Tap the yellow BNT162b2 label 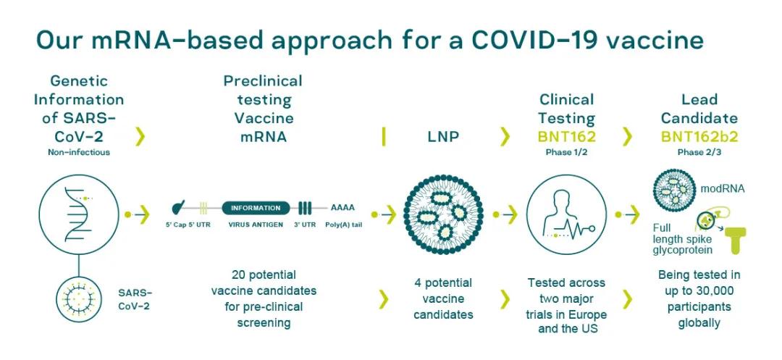click(699, 137)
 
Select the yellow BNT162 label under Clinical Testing click(566, 137)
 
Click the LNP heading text click(443, 137)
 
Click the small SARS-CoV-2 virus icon click(79, 298)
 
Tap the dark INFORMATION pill click(256, 208)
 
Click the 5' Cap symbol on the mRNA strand click(178, 206)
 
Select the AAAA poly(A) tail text click(342, 208)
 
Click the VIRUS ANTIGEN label click(256, 225)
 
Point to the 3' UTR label click(305, 225)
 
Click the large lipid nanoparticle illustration click(443, 214)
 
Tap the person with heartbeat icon click(566, 214)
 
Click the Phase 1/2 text click(566, 153)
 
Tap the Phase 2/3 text click(699, 153)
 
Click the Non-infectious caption click(79, 152)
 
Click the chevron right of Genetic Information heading click(140, 136)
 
